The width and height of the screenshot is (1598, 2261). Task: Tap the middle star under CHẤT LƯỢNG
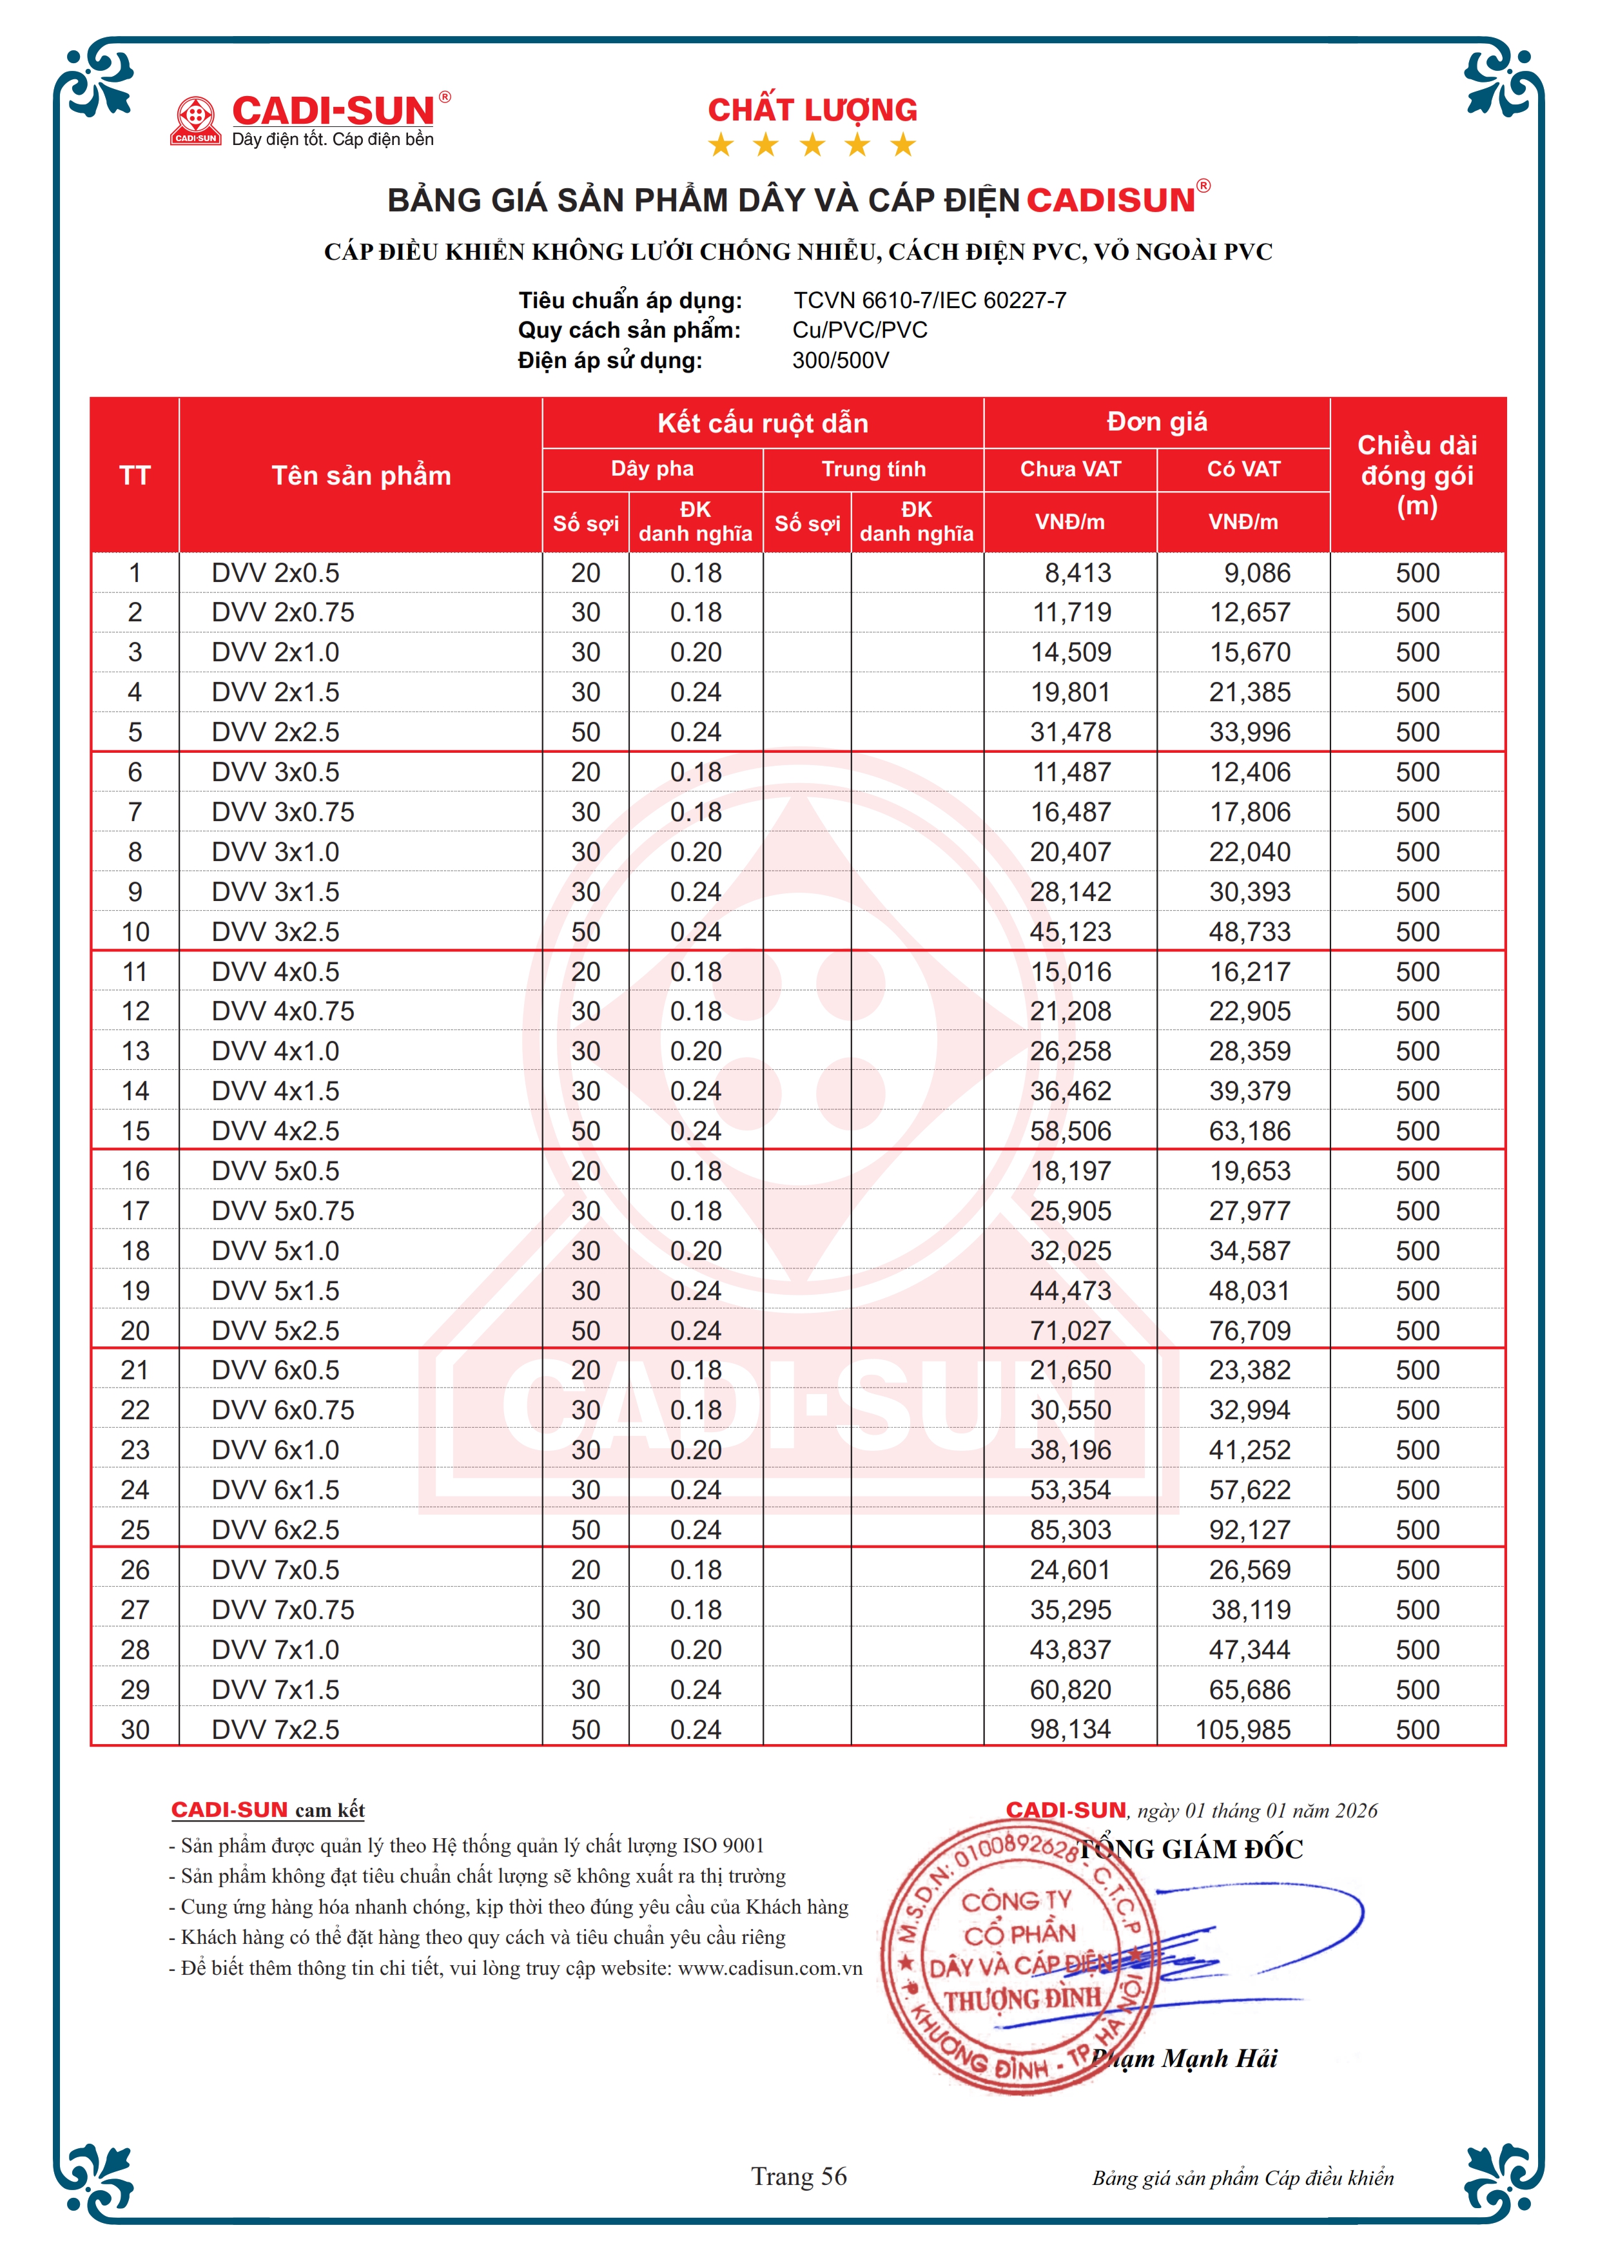coord(812,146)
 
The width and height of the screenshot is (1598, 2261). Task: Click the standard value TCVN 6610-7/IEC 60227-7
coord(930,300)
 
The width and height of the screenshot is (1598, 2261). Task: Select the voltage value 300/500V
coord(840,360)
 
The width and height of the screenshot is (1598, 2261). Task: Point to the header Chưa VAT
coord(1069,469)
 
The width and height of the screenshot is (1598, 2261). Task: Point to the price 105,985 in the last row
coord(1243,1729)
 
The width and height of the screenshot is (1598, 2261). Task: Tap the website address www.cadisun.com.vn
coord(770,1968)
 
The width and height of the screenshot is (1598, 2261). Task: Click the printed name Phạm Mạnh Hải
coord(1184,2058)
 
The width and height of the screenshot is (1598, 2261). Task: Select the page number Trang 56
coord(799,2177)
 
